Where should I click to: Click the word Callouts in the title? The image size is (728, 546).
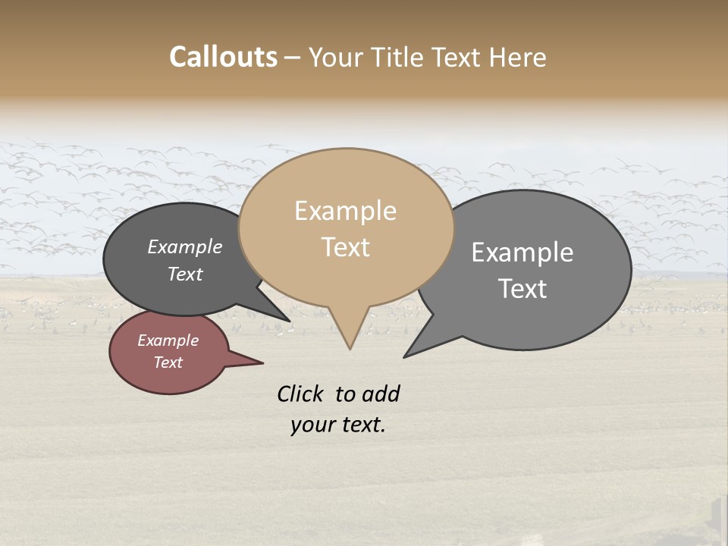point(223,57)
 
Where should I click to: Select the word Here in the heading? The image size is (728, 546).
point(518,58)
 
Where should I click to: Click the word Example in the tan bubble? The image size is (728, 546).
point(345,211)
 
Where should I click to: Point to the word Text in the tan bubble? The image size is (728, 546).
point(345,247)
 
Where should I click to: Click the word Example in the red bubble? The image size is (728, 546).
point(168,340)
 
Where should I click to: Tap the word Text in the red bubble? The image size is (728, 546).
point(168,362)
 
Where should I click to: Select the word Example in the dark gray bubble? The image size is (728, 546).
point(184,246)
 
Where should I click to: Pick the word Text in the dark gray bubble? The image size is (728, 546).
point(184,274)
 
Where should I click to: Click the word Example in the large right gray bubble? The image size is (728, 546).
point(522,253)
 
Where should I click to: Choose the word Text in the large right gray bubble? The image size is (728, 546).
point(522,289)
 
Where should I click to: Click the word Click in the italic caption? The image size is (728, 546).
point(300,394)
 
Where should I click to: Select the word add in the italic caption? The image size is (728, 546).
point(380,394)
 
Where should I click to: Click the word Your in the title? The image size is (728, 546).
point(334,58)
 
